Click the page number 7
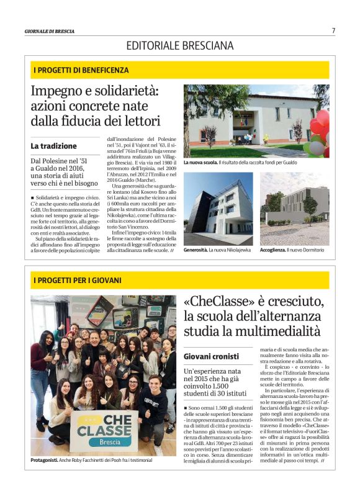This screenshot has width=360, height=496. pos(333,30)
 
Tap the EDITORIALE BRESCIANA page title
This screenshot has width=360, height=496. pos(180,45)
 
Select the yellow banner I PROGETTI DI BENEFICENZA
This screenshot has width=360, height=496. pos(180,70)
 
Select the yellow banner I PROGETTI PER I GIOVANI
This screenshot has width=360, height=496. pos(180,280)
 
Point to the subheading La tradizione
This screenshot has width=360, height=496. pos(54,146)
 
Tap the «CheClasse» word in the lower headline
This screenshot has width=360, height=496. pos(220,302)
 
